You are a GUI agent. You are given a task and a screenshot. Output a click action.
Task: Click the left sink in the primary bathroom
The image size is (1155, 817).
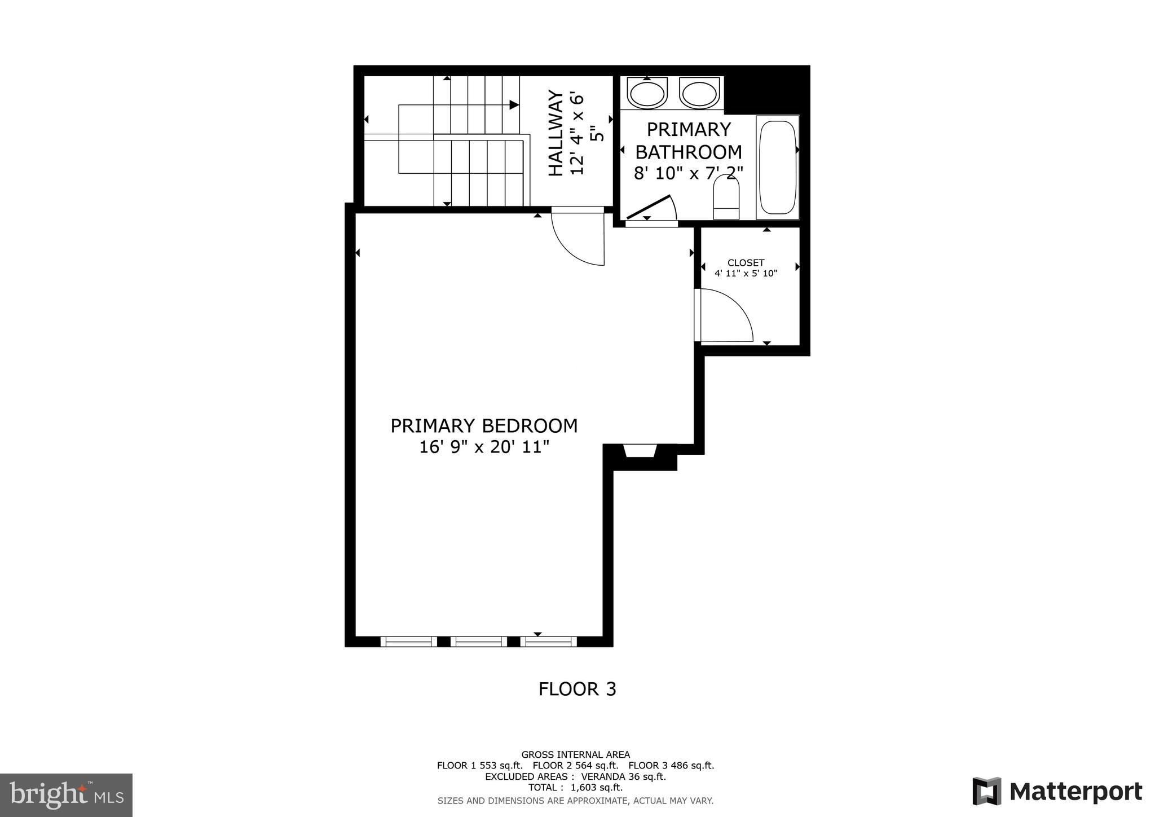[646, 93]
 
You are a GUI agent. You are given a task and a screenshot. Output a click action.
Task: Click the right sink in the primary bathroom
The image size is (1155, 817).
[699, 93]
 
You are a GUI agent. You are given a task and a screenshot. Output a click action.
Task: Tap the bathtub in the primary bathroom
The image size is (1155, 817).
[777, 167]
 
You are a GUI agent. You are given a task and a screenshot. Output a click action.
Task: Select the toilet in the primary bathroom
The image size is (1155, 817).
[726, 197]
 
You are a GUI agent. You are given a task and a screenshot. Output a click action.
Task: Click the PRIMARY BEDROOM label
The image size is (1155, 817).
[484, 425]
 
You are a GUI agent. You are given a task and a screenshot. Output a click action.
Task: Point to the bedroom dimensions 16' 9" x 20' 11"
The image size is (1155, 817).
[484, 447]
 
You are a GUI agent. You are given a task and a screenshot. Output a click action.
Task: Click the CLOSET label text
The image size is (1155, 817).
[746, 263]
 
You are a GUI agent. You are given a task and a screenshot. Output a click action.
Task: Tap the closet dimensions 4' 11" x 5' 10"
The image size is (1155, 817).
[746, 274]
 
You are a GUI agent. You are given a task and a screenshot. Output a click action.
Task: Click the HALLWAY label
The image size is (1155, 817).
[556, 134]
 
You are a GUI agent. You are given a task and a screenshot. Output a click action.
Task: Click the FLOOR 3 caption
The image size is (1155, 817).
[577, 689]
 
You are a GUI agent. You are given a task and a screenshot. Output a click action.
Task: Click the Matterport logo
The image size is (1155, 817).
[1057, 791]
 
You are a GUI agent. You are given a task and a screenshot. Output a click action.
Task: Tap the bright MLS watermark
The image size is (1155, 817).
[66, 795]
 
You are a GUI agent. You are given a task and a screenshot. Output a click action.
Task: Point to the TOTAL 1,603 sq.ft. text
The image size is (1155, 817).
[575, 788]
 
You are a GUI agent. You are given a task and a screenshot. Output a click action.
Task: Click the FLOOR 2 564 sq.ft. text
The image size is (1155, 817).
[575, 766]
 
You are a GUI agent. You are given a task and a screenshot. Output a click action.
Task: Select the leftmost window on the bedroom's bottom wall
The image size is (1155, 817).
[408, 641]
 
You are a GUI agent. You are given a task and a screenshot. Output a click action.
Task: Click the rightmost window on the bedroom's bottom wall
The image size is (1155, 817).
[548, 641]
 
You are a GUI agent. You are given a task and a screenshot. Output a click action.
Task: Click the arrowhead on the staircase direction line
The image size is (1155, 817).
[514, 105]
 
